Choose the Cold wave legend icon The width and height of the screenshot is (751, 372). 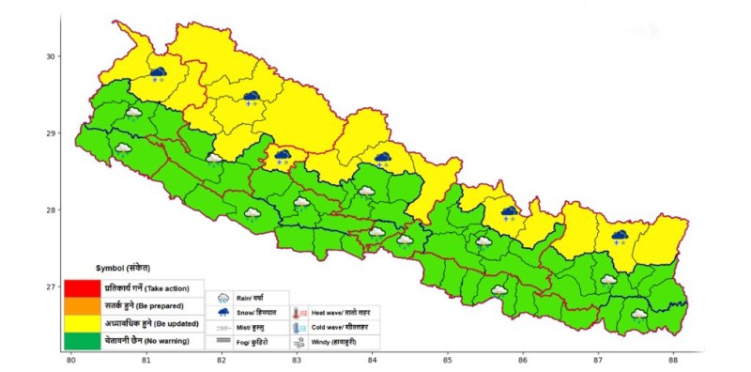298,328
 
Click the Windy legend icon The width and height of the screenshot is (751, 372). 298,344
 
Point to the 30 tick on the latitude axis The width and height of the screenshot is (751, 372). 53,56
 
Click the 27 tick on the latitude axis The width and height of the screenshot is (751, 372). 53,287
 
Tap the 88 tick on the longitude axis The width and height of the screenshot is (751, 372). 674,359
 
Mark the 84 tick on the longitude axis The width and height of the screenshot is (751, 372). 373,359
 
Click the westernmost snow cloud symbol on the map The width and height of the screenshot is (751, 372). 158,74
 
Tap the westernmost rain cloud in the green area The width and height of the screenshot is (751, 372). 123,148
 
